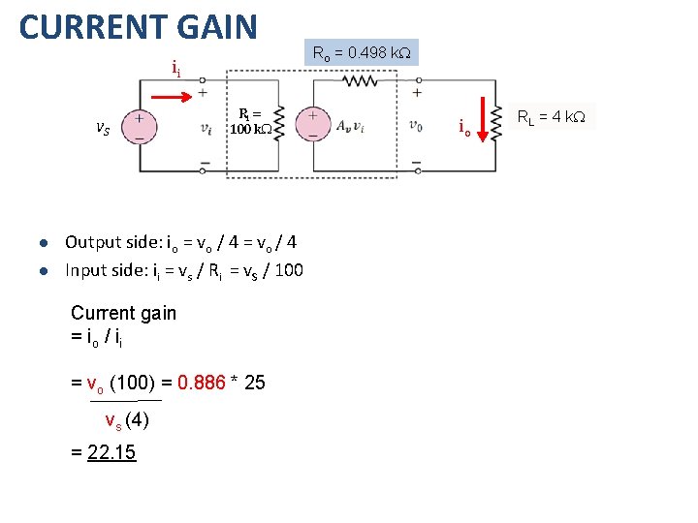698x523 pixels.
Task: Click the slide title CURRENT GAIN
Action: [x=139, y=26]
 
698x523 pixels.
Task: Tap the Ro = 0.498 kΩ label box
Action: [x=361, y=52]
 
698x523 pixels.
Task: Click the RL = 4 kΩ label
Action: [x=550, y=117]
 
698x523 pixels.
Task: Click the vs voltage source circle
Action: [x=141, y=127]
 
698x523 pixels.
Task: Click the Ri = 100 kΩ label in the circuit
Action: [x=249, y=121]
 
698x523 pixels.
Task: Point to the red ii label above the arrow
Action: [x=174, y=69]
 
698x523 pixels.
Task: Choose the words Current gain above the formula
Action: [x=124, y=313]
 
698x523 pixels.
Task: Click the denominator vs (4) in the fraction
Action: [x=126, y=419]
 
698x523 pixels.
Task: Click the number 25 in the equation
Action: [x=254, y=383]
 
